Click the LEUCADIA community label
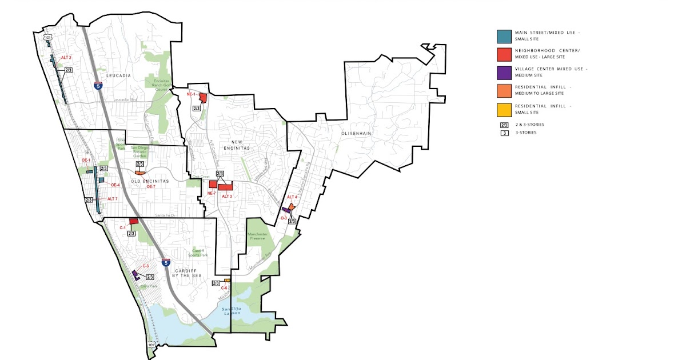pos(118,75)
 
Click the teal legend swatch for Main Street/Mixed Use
pos(504,36)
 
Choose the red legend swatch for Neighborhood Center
pos(504,54)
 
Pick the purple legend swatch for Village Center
pos(504,73)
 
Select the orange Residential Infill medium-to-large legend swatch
pos(504,90)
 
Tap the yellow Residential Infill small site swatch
pos(504,109)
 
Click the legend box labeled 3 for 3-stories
pos(504,133)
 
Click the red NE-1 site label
pos(191,94)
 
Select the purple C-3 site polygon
pos(135,274)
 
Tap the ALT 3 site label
pos(227,196)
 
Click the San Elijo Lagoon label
pos(232,311)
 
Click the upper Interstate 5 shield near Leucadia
pos(98,86)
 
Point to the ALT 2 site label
pos(66,58)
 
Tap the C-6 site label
pos(224,288)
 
